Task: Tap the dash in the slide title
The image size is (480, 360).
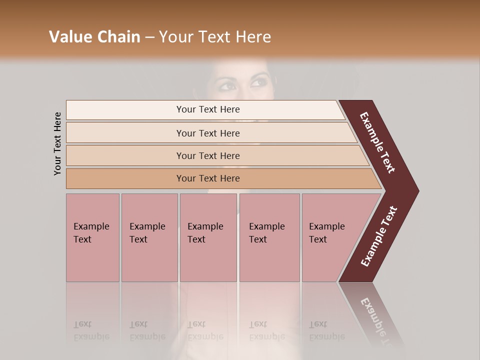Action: [x=149, y=37]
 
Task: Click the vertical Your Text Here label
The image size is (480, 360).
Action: [x=57, y=143]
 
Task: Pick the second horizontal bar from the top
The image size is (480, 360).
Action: [x=207, y=133]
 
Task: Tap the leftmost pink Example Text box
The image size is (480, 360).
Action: [x=92, y=237]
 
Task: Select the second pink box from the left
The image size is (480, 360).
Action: [x=149, y=237]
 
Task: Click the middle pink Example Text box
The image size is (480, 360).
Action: [x=208, y=237]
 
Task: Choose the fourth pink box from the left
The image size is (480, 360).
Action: [x=269, y=237]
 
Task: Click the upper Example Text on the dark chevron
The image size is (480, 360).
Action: [x=377, y=142]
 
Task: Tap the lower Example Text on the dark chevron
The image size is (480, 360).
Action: [x=379, y=236]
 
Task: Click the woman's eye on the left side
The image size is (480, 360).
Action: [x=227, y=85]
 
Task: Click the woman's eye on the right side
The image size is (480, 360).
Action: [x=259, y=82]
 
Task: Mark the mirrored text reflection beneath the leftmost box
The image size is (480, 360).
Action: [x=91, y=330]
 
